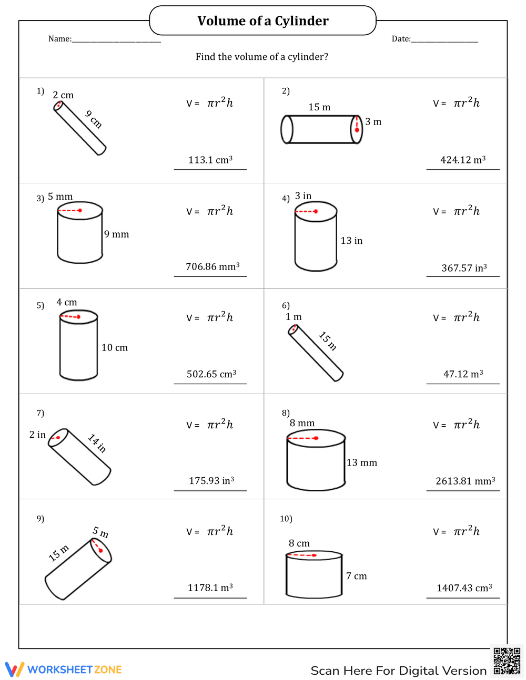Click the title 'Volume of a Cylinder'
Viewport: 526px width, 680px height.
[263, 21]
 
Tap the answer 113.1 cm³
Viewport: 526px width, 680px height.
[210, 160]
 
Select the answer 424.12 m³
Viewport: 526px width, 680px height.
[463, 160]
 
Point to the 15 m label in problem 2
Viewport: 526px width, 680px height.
[319, 107]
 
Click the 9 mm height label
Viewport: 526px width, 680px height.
[116, 234]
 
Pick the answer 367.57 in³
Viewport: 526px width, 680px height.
[464, 268]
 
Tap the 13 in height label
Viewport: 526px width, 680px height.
[351, 241]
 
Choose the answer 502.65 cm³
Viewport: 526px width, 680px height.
[211, 374]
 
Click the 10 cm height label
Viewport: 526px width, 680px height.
[115, 348]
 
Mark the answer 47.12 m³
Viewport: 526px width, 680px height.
[463, 374]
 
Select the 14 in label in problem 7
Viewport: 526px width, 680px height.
[97, 443]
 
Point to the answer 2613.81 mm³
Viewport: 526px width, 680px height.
[466, 481]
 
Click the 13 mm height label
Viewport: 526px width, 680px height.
[361, 463]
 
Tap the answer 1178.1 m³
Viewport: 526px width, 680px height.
[210, 588]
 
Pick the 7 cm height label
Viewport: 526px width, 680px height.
[357, 576]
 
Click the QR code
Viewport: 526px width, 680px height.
[507, 661]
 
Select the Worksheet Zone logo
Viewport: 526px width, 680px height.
[64, 669]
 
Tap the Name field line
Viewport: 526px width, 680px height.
[116, 40]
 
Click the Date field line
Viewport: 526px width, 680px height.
[444, 40]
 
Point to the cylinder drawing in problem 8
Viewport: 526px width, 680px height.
[316, 460]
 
